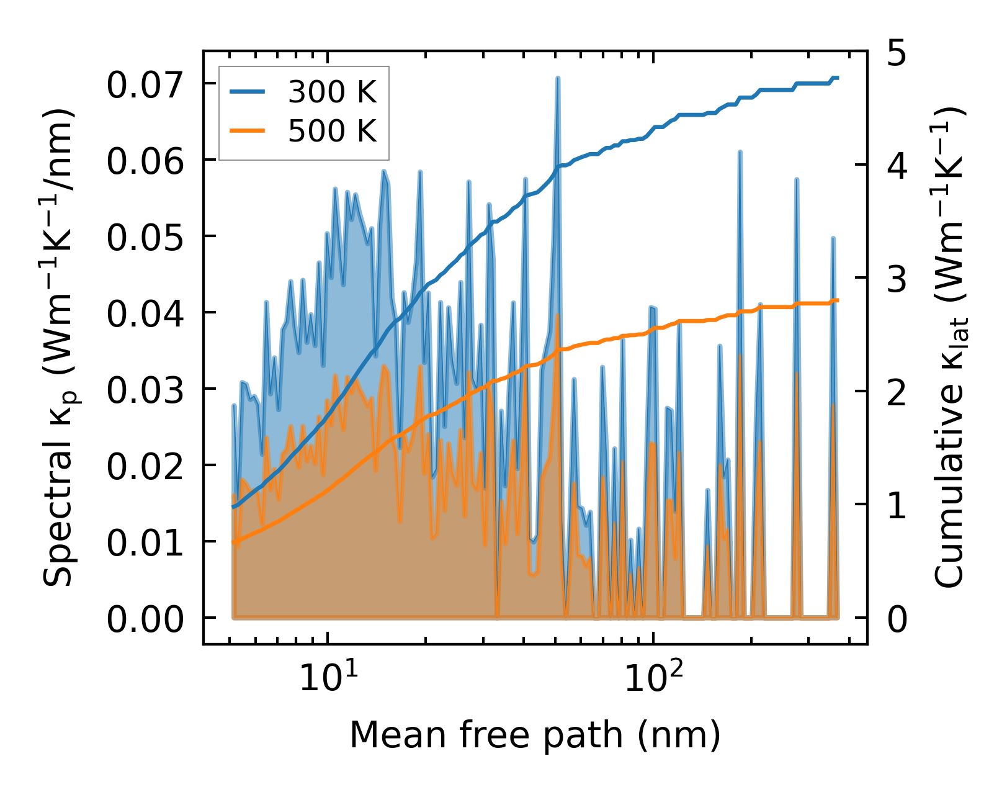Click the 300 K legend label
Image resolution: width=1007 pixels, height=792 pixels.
[x=332, y=92]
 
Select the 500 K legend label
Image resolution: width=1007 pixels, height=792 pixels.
[x=332, y=131]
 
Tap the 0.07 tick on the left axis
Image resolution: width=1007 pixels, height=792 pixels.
[x=145, y=84]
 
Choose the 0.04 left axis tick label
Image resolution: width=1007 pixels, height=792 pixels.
[x=145, y=313]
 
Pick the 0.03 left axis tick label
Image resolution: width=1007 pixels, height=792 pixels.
[x=145, y=390]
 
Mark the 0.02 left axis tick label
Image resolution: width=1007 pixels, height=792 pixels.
[x=145, y=466]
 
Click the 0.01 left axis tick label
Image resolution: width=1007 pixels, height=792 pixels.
[x=145, y=542]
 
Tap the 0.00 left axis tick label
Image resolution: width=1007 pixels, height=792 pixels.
[x=145, y=619]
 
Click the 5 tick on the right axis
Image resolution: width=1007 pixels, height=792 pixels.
[x=897, y=53]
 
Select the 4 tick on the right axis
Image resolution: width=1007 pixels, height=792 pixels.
[x=897, y=166]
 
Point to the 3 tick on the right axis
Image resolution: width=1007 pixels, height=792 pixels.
[x=897, y=279]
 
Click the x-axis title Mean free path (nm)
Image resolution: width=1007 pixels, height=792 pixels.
[x=535, y=735]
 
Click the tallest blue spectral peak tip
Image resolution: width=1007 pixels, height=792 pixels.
[x=558, y=78]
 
